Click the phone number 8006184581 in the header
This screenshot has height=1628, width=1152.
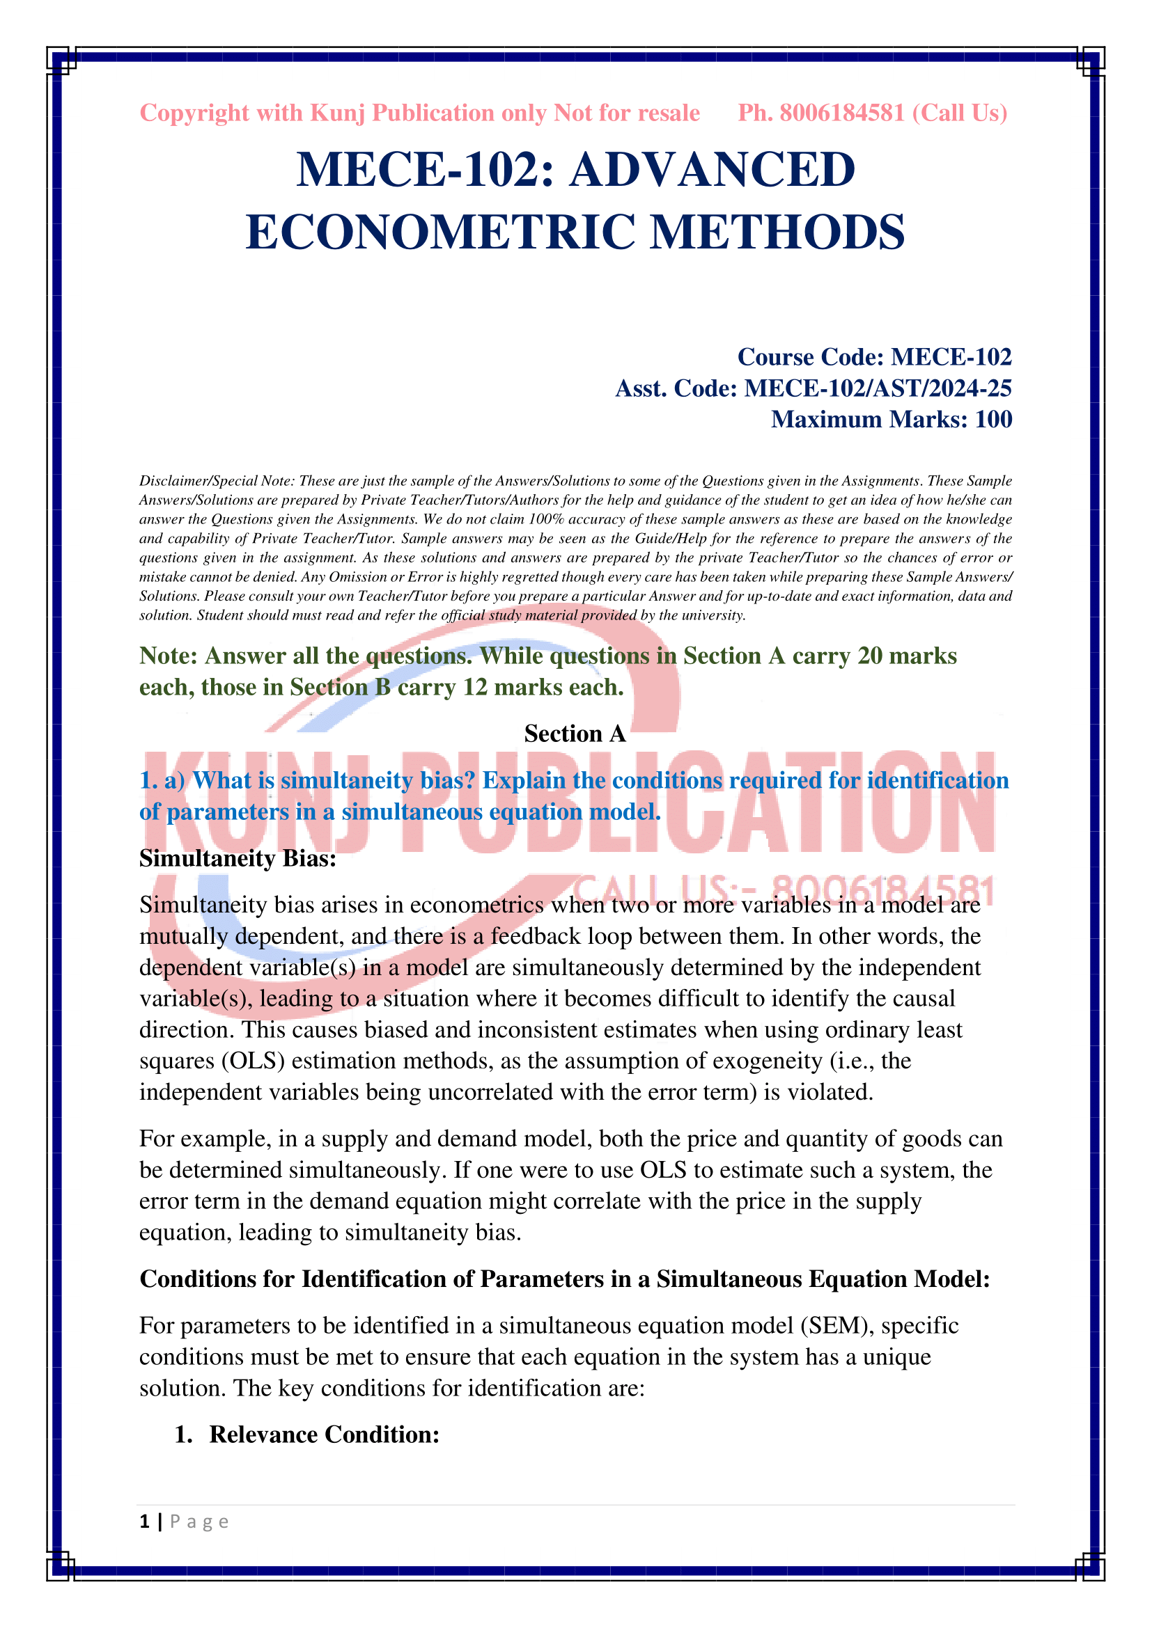842,113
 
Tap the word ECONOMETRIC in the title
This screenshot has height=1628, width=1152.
440,232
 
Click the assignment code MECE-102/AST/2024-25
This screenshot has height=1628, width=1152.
878,388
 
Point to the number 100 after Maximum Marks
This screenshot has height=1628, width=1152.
993,419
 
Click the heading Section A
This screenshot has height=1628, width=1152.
575,733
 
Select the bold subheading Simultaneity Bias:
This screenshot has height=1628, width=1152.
238,858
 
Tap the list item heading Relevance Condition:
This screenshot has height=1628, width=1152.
324,1434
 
